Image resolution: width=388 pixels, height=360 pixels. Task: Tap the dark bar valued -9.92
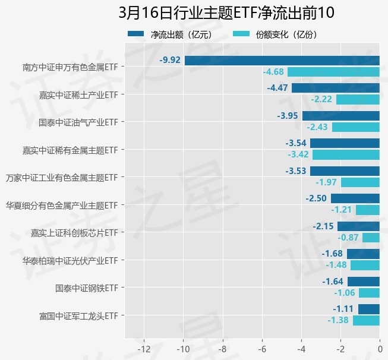282,60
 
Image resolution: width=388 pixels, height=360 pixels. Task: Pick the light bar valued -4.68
333,72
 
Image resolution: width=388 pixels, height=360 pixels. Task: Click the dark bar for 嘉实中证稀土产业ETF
335,88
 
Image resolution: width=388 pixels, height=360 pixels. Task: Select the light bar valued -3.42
346,155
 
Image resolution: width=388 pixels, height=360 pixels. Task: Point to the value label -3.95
288,116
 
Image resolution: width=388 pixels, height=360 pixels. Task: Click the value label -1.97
327,182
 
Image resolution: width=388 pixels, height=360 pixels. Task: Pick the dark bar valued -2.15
358,226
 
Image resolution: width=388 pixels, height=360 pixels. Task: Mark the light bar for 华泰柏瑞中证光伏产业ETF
365,265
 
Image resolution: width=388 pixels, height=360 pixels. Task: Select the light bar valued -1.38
366,320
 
